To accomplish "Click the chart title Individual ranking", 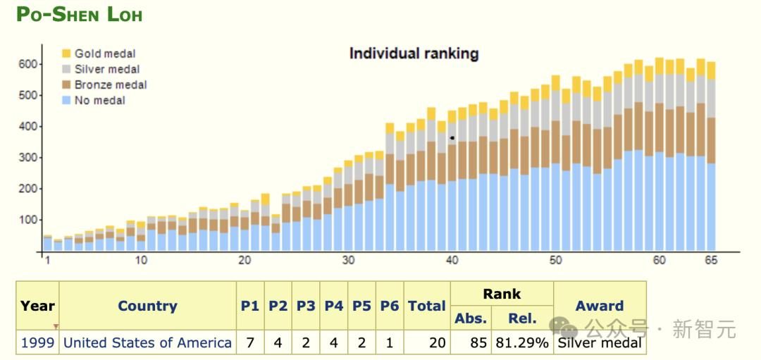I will pos(414,54).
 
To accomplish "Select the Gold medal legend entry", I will pos(104,54).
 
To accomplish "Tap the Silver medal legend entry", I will pos(106,69).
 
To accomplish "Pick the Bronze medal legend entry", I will pos(110,85).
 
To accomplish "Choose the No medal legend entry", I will pos(99,100).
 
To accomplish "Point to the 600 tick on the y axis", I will pos(27,64).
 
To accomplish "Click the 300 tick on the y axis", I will pos(27,158).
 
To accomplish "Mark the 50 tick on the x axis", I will pos(556,261).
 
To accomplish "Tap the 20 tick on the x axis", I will pos(245,261).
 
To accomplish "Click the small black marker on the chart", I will pos(452,137).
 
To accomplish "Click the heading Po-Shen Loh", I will pos(79,15).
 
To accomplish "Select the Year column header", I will pos(37,306).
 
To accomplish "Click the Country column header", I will pos(147,306).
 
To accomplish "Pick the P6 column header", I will pos(390,306).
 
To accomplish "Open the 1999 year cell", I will pos(37,343).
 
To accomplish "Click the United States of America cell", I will pos(147,343).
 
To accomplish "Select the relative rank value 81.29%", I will pos(522,343).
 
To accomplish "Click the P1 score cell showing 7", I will pos(250,343).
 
